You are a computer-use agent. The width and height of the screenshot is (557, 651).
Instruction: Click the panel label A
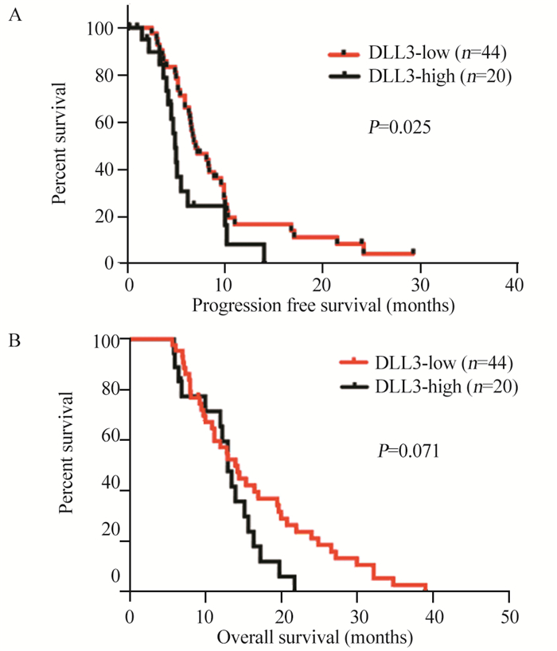[x=14, y=17]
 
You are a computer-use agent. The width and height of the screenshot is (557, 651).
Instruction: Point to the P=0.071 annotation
[x=408, y=451]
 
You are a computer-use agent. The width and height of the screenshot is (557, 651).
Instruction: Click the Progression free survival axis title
[x=321, y=304]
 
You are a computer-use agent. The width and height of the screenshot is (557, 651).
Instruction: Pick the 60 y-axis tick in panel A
[x=110, y=123]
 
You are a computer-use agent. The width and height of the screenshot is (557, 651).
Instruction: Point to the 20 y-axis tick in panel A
[x=110, y=216]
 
